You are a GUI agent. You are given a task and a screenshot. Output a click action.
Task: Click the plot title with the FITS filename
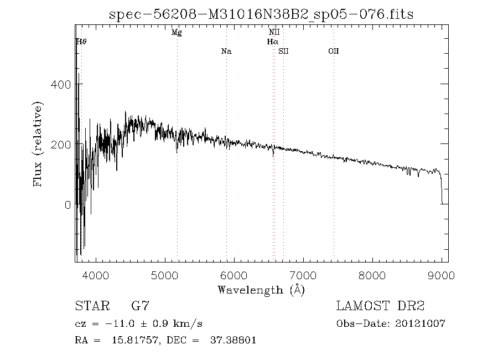click(x=261, y=14)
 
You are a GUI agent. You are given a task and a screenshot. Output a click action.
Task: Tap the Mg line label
click(x=177, y=33)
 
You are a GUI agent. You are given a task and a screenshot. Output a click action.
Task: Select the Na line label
click(x=226, y=52)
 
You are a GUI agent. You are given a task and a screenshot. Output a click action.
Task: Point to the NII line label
click(x=274, y=33)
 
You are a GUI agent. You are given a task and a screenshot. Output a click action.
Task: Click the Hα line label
click(x=272, y=42)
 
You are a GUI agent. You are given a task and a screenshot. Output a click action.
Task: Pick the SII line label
click(x=283, y=52)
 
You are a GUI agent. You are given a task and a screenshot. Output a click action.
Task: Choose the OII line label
click(x=333, y=52)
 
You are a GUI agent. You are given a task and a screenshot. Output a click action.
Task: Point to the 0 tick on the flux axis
click(x=68, y=205)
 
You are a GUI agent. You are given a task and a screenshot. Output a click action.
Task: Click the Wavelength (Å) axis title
click(x=261, y=290)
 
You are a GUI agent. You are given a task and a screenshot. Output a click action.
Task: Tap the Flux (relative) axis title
click(x=38, y=144)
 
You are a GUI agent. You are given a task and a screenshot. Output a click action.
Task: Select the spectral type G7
click(x=140, y=306)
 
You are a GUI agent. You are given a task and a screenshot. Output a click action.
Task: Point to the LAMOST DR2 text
click(x=380, y=306)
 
